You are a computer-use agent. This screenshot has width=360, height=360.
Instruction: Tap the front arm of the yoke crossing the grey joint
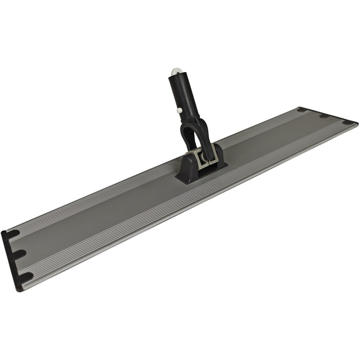pyautogui.click(x=205, y=144)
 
